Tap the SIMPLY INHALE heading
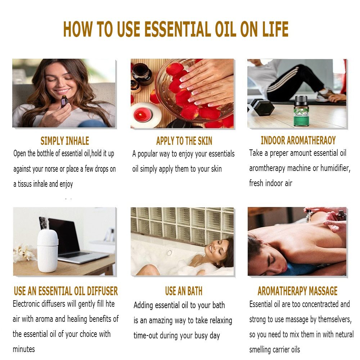tap(64, 141)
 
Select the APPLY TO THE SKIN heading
tap(184, 141)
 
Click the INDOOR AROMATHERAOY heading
tap(298, 140)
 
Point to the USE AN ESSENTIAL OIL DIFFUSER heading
tap(66, 291)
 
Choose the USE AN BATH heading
tap(184, 291)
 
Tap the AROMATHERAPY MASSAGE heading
tap(297, 291)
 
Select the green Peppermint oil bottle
tap(301, 111)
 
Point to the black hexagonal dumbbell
tap(264, 107)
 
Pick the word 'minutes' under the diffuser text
tap(24, 349)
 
